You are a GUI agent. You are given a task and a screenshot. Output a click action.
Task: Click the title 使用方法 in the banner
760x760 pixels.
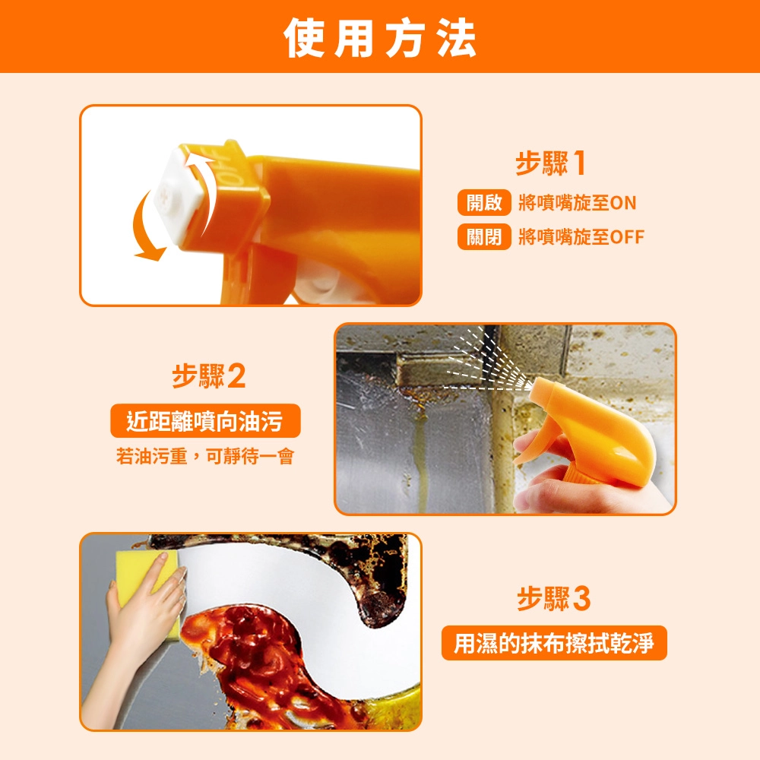click(x=380, y=38)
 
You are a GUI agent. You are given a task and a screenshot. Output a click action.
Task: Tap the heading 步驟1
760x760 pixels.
click(x=551, y=163)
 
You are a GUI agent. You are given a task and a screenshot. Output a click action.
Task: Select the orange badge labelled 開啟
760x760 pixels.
click(x=484, y=203)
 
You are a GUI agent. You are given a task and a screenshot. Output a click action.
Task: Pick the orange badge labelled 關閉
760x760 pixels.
click(x=484, y=236)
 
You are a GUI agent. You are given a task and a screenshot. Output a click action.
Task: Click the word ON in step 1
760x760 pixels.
click(x=623, y=203)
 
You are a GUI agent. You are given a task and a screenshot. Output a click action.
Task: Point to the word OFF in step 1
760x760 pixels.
click(x=627, y=237)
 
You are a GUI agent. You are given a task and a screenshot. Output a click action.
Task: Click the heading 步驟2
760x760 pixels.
click(x=209, y=376)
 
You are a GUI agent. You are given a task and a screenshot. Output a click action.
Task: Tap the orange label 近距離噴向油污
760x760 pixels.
click(x=205, y=421)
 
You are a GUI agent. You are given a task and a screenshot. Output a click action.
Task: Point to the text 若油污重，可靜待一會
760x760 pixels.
click(x=205, y=456)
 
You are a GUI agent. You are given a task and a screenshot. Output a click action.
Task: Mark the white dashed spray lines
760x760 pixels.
click(x=485, y=363)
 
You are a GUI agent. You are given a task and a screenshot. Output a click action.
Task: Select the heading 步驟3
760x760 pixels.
click(x=554, y=599)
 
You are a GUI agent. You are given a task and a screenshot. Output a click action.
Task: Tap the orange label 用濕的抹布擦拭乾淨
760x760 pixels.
click(x=554, y=643)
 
